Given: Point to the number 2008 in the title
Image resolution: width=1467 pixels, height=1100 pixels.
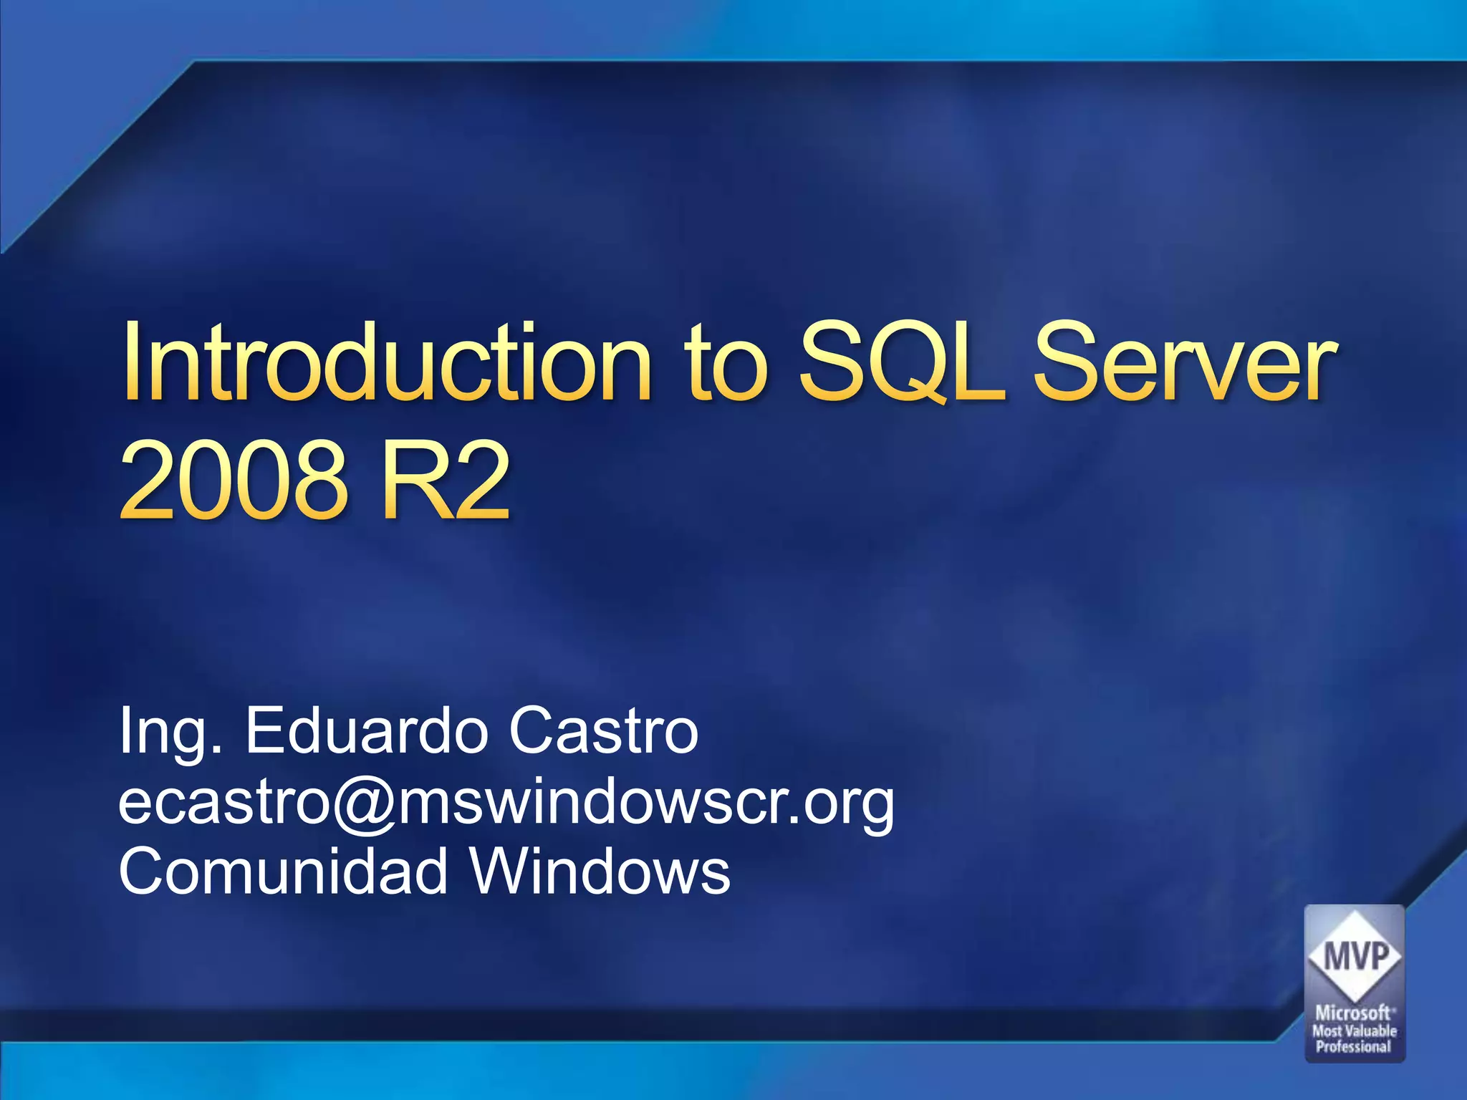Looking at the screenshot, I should [232, 481].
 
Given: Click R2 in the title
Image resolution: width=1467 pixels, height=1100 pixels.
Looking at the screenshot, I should [445, 481].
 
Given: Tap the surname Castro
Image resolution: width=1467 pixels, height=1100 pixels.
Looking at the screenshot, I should [603, 730].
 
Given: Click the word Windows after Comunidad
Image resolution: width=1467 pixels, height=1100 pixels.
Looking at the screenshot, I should [600, 871].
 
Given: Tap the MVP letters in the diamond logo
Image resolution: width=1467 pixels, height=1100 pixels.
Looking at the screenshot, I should [1355, 956].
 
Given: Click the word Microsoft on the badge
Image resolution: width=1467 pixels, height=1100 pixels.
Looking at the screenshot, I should [1352, 1013].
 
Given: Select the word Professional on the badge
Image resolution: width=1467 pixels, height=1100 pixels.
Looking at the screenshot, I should [1353, 1046].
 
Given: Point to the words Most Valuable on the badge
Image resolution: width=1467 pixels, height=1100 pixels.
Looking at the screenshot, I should [1354, 1031].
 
